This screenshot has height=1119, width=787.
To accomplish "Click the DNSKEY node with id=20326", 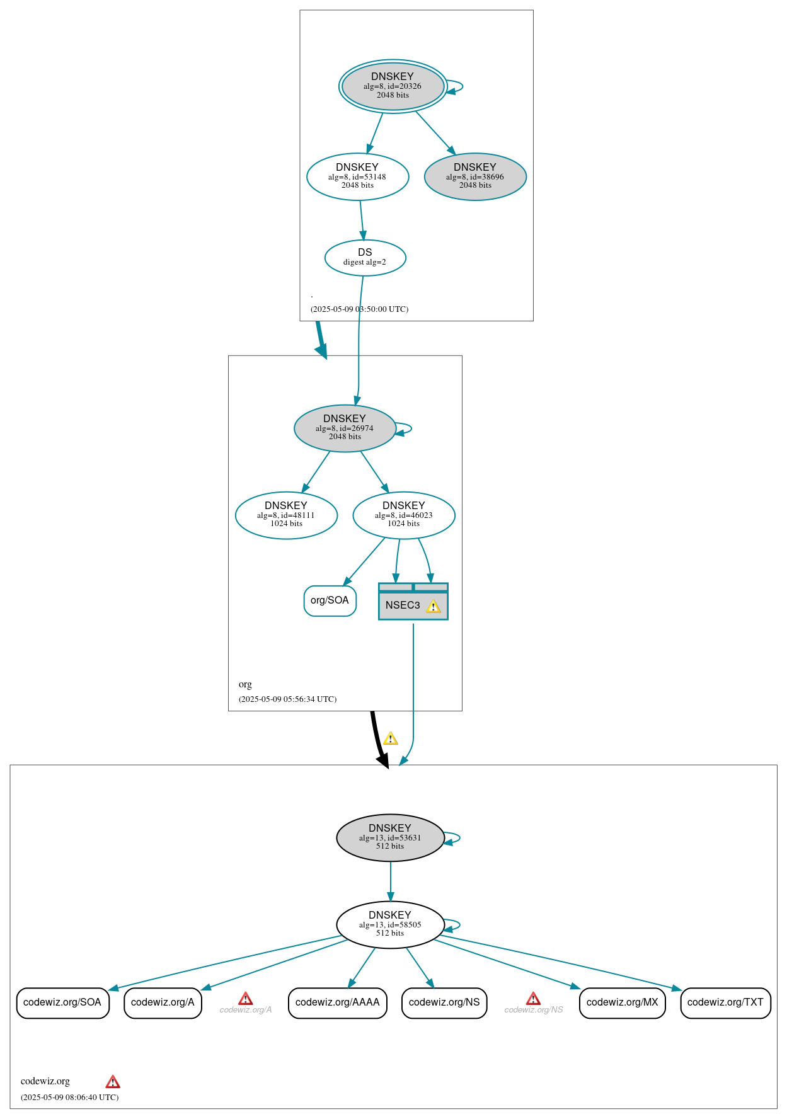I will coord(393,86).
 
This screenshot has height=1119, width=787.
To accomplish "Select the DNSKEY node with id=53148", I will coord(357,176).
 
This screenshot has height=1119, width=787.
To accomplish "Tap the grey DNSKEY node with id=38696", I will coord(475,176).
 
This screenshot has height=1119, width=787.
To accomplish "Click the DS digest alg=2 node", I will coord(365,257).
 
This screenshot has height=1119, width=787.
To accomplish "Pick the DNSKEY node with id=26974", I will coord(345,428).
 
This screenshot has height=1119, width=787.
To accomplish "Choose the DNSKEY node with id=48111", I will coord(286,515).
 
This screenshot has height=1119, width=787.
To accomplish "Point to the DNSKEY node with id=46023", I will coord(404,515).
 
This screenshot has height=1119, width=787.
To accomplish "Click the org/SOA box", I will coord(330,600).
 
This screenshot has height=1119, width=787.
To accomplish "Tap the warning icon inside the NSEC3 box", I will coord(433,606).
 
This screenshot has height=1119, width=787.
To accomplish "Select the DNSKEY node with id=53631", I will coord(390,837).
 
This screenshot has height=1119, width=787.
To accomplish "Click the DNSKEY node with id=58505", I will coord(390,924).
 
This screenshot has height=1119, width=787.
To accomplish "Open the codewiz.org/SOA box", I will coord(62,1002).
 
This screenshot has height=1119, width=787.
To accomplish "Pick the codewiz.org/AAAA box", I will coord(337,1002).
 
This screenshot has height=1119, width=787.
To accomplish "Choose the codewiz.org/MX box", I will coord(622,1002).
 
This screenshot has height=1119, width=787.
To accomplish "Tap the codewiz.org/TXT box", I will coord(725,1002).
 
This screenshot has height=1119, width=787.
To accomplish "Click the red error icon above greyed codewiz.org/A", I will coord(246,998).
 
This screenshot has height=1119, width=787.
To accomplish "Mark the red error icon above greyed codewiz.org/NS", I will coord(533,998).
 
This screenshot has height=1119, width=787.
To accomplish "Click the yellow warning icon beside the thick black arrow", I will coord(391,738).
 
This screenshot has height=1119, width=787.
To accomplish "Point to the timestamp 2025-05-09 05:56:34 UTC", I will coord(287,699).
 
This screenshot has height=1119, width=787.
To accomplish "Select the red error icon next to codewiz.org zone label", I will coord(113,1082).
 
